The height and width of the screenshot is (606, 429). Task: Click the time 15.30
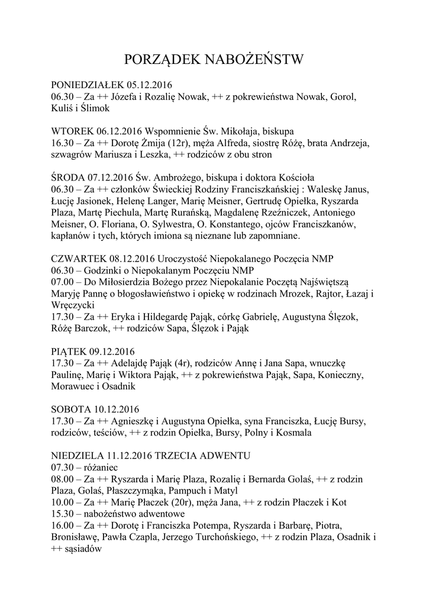pyautogui.click(x=63, y=514)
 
